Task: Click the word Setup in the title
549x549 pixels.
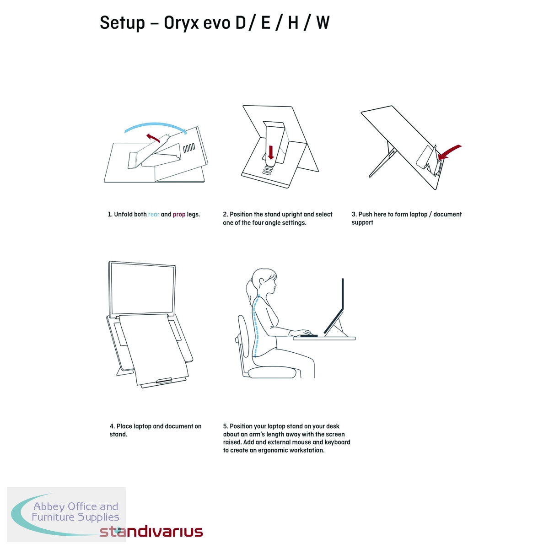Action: coord(122,23)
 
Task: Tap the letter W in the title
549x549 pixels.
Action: coord(323,23)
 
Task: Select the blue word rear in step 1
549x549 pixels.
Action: coord(154,215)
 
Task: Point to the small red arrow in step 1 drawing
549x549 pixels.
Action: coord(153,137)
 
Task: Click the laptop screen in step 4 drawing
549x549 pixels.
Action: coord(142,288)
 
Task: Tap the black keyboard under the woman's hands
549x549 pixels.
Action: coord(309,336)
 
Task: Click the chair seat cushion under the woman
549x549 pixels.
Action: coord(272,372)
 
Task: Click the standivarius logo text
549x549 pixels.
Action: coord(151,531)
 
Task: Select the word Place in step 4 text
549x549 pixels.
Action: coord(124,426)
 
